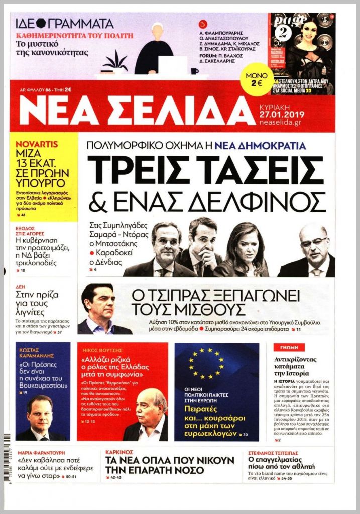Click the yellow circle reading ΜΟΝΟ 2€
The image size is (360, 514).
click(x=257, y=79)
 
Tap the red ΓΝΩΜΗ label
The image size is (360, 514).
click(x=286, y=347)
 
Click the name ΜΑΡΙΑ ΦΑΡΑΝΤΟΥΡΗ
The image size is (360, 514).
click(x=44, y=451)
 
